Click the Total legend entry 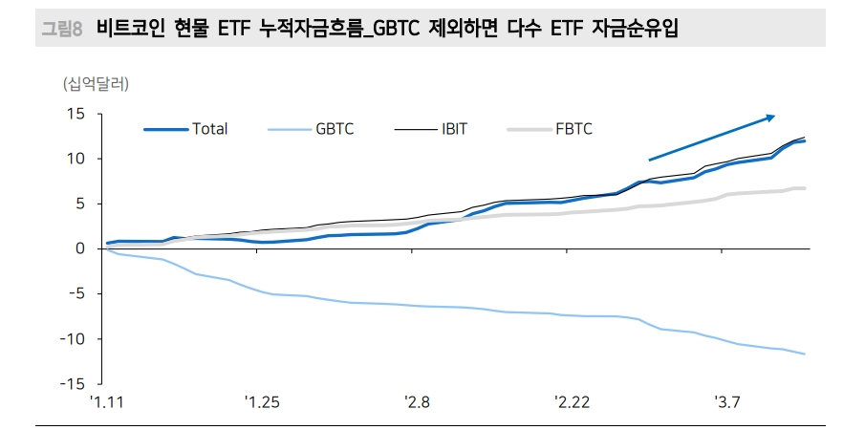pos(208,128)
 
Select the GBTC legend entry pos(334,128)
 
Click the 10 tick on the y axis pos(77,159)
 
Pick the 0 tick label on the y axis pos(81,248)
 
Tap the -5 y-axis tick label pos(77,293)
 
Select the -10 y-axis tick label pos(75,338)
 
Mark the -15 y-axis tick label pos(75,383)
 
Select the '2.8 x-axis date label pos(417,403)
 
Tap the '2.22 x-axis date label pos(572,403)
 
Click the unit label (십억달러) pos(96,83)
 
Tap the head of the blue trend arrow pos(772,117)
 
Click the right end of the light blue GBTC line pos(805,355)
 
